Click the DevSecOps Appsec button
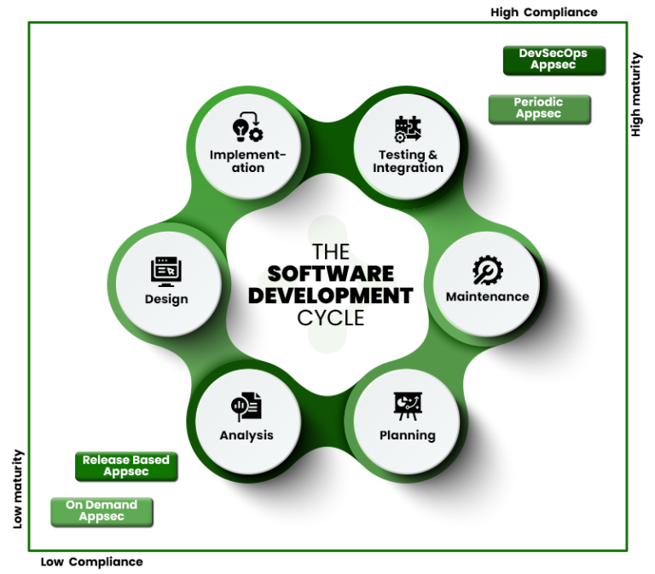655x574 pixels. point(553,59)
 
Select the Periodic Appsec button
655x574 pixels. point(538,108)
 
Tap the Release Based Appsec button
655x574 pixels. point(125,466)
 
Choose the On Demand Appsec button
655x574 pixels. point(101,511)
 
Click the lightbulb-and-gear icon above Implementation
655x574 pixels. point(248,128)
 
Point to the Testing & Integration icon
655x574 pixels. point(408,129)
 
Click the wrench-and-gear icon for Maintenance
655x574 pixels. point(488,271)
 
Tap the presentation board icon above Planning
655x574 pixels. point(408,405)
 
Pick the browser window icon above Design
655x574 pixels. point(166,271)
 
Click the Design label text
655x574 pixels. point(166,299)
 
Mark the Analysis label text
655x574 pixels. point(246,435)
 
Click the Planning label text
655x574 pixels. point(408,435)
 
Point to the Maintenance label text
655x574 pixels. point(488,297)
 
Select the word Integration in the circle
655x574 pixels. point(408,169)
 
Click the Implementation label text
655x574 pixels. point(248,161)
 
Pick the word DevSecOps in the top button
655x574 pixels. point(553,53)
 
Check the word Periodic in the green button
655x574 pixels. point(538,102)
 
